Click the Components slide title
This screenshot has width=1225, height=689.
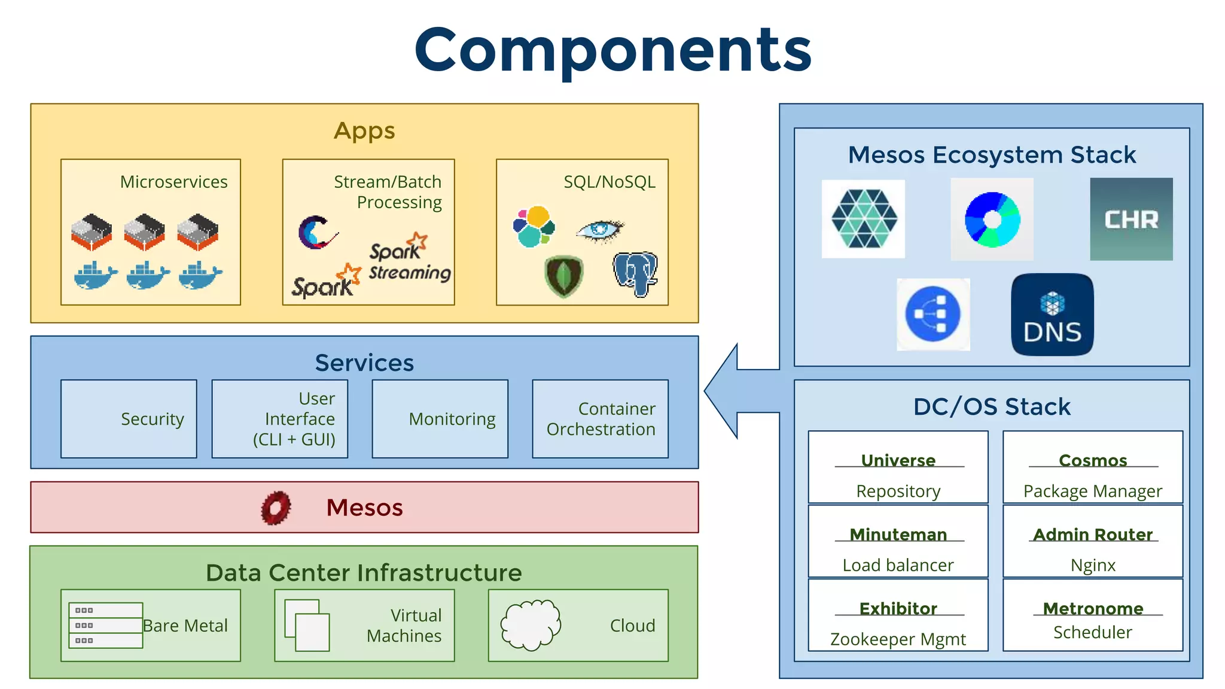pyautogui.click(x=612, y=50)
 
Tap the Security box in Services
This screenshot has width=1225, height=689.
pyautogui.click(x=129, y=419)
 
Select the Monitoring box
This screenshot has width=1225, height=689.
pyautogui.click(x=440, y=419)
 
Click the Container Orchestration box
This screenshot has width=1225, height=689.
pyautogui.click(x=600, y=419)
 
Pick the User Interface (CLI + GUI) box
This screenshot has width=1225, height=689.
pyautogui.click(x=280, y=419)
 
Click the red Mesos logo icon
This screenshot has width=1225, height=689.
pyautogui.click(x=276, y=508)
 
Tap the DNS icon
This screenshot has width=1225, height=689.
pyautogui.click(x=1052, y=315)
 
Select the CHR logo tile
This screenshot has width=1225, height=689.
pyautogui.click(x=1130, y=219)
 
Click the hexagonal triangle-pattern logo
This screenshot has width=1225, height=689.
pyautogui.click(x=863, y=219)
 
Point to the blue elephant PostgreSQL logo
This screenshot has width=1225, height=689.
pyautogui.click(x=635, y=273)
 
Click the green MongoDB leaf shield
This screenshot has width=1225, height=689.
pyautogui.click(x=563, y=276)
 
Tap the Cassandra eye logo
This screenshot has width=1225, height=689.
pyautogui.click(x=599, y=230)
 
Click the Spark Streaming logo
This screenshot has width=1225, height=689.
pyautogui.click(x=408, y=258)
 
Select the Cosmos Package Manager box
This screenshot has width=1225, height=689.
pyautogui.click(x=1092, y=467)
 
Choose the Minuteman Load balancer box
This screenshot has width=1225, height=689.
pyautogui.click(x=898, y=541)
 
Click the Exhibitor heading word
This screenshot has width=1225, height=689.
pyautogui.click(x=898, y=608)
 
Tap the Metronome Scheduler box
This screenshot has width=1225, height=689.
pyautogui.click(x=1092, y=615)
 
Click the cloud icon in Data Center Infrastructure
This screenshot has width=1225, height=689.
pyautogui.click(x=531, y=625)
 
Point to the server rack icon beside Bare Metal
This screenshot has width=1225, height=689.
pyautogui.click(x=106, y=625)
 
